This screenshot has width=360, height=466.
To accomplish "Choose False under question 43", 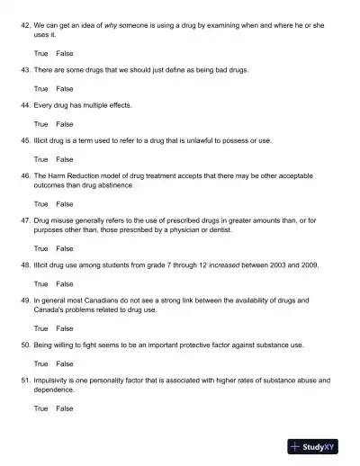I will pyautogui.click(x=65, y=89).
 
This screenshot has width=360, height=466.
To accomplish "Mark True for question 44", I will pyautogui.click(x=40, y=124).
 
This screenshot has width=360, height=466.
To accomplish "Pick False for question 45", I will pyautogui.click(x=65, y=159).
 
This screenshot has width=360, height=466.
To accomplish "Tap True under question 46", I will pyautogui.click(x=40, y=204).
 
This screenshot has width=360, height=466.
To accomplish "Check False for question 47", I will pyautogui.click(x=65, y=248).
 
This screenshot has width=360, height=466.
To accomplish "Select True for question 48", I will pyautogui.click(x=40, y=283).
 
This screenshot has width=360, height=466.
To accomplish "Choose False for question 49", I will pyautogui.click(x=65, y=328).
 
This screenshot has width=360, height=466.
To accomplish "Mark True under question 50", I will pyautogui.click(x=40, y=363).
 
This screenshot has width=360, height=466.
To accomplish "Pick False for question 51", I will pyautogui.click(x=65, y=408).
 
